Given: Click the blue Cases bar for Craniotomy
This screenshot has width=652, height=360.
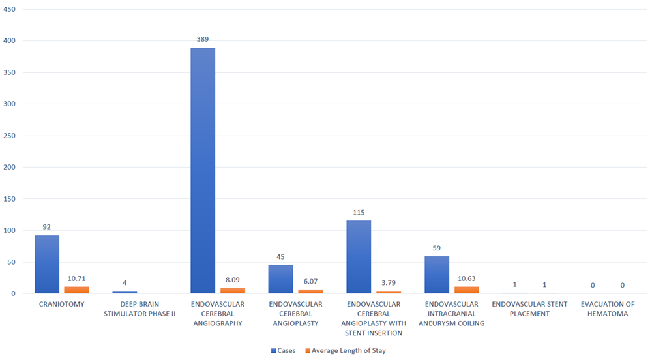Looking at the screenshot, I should [47, 264].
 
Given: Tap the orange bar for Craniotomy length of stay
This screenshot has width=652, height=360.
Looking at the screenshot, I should [76, 290].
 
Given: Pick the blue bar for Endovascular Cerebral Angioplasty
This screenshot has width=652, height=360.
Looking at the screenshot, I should [280, 279].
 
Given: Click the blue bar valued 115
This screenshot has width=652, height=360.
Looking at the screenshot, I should [359, 257].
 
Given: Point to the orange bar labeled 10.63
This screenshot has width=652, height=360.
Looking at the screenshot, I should [466, 290].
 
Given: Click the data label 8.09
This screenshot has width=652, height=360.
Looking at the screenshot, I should [233, 280].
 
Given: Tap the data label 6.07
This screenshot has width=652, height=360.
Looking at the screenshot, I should [310, 281].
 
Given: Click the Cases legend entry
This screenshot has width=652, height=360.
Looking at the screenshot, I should [283, 351].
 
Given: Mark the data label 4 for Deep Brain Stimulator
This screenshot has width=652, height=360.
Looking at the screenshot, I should [125, 283].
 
